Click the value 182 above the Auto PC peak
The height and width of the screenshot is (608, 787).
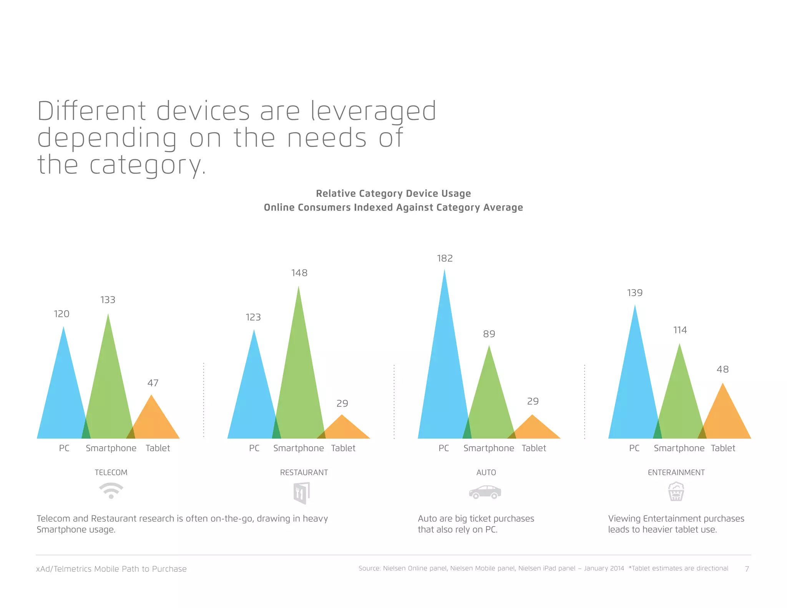pos(445,258)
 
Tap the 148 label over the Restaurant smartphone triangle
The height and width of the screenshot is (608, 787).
pos(299,273)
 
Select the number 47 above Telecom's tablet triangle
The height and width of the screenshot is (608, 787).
pos(153,383)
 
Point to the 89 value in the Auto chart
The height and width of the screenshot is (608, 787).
pos(489,334)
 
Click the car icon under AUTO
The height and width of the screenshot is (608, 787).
pos(485,492)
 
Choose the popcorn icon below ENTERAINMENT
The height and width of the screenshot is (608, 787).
pos(676,492)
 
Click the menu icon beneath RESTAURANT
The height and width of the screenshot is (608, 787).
pos(302,493)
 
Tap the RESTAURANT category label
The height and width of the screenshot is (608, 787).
pos(304,472)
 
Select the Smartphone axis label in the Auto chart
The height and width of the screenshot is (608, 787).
pos(488,448)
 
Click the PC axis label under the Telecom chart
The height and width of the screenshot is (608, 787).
pos(64,448)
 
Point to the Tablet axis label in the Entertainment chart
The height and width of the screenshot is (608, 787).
pos(723,448)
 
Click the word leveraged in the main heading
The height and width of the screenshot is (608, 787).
pos(373,111)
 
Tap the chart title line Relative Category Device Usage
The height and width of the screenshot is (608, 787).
pos(393,193)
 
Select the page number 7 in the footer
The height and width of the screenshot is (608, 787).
pos(747,569)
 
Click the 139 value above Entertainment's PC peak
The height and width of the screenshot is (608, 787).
pos(634,293)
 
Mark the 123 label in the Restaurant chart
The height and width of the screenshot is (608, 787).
pos(253,317)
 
